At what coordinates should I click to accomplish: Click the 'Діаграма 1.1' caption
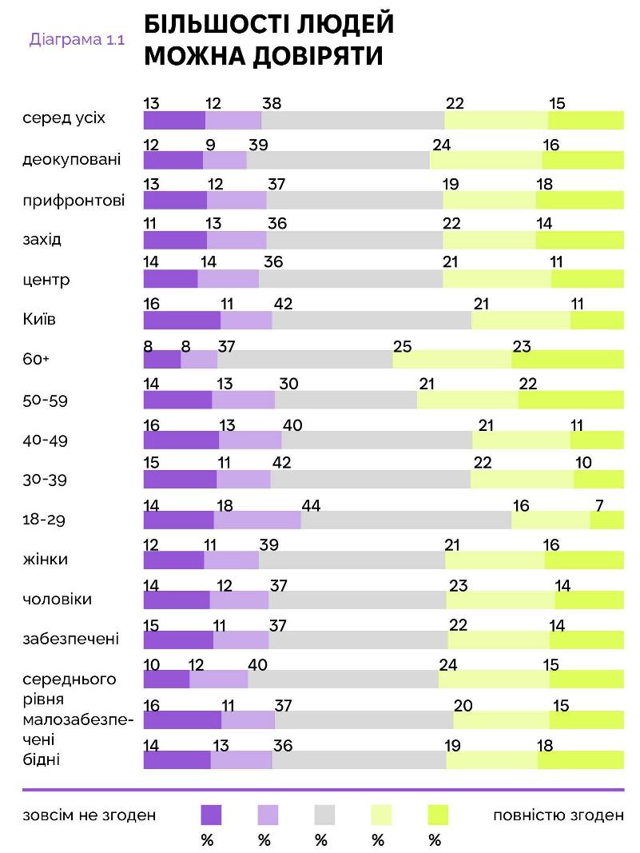coord(77,39)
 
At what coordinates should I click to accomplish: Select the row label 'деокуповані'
coord(72,159)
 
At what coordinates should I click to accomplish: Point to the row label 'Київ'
coord(40,319)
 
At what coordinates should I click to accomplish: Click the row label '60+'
coord(36,359)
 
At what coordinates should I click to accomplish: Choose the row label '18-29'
coord(44,520)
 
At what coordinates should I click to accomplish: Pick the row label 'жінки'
coord(46,559)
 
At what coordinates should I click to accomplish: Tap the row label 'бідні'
coord(42,759)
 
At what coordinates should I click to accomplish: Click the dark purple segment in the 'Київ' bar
coord(181,320)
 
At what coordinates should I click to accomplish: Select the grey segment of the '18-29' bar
coord(406,520)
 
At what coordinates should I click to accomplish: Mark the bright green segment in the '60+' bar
coord(567,360)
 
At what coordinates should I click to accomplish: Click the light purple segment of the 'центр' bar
coord(228,280)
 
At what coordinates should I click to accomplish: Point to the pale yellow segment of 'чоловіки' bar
coord(500,600)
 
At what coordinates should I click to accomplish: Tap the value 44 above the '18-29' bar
coord(311,504)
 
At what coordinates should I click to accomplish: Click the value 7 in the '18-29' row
coord(599,504)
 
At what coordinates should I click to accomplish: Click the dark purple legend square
coord(211,815)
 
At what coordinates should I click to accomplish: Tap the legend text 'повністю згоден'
coord(559,815)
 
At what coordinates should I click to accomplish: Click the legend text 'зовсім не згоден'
coord(89,815)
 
